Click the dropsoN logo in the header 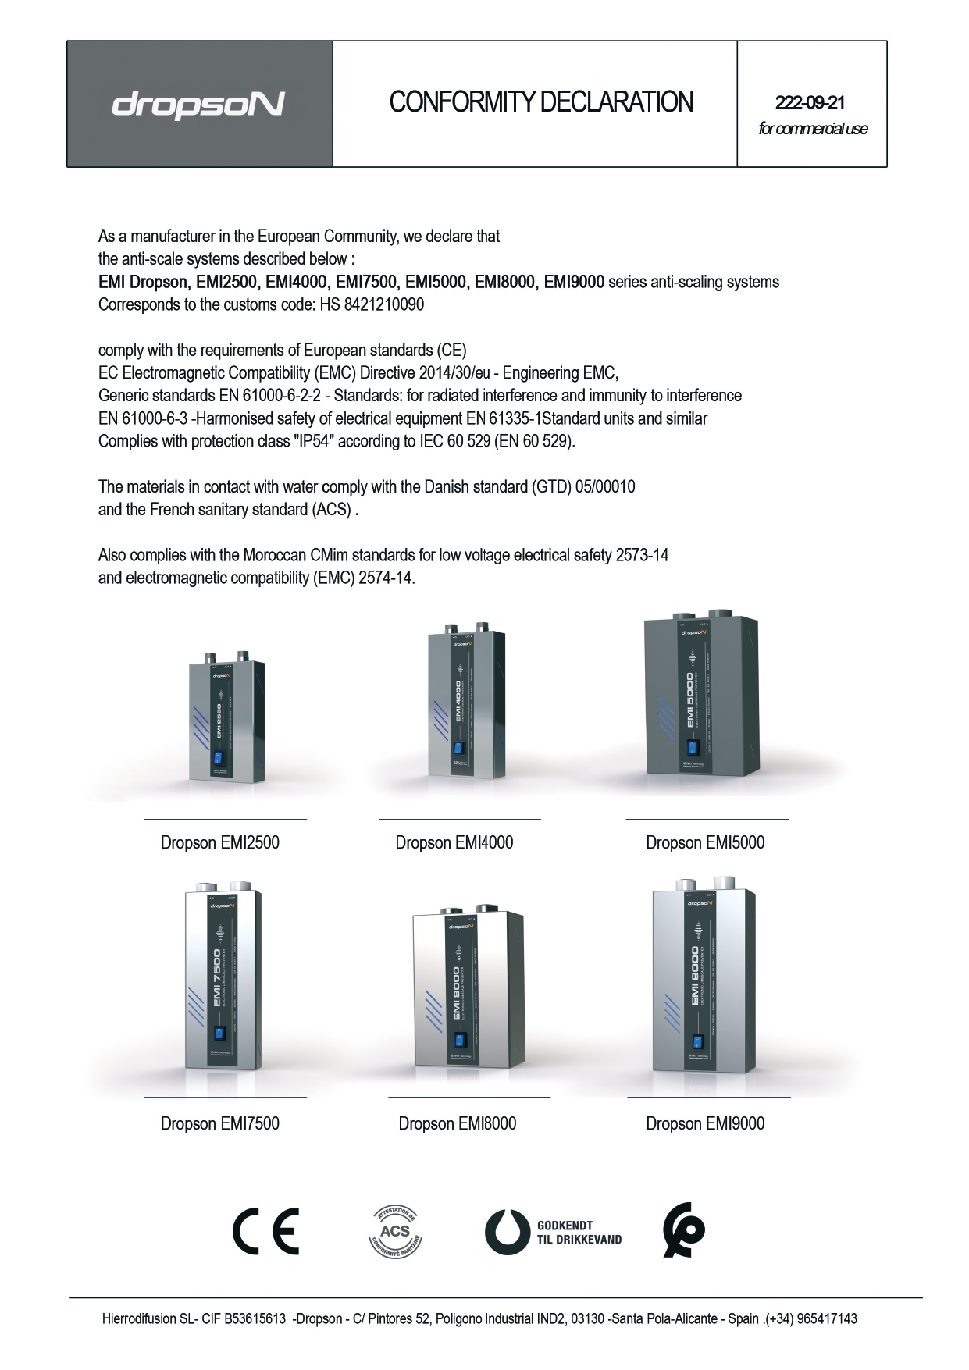[x=198, y=104]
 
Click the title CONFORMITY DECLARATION [x=541, y=102]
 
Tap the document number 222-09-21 [x=810, y=102]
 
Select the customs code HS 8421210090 [x=372, y=304]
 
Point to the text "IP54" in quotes [x=314, y=441]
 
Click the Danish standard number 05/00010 [x=605, y=487]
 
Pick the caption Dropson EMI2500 [x=219, y=842]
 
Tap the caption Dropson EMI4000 [x=454, y=842]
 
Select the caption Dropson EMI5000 [x=705, y=842]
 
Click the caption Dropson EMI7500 [x=219, y=1123]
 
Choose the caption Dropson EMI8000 [x=458, y=1123]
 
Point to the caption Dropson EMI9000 [x=705, y=1123]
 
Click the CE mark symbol [x=265, y=1231]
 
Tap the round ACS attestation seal [x=395, y=1232]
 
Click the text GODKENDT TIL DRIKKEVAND [x=579, y=1233]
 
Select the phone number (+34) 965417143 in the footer [x=811, y=1318]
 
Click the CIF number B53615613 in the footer [x=255, y=1318]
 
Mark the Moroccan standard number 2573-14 [x=642, y=555]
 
